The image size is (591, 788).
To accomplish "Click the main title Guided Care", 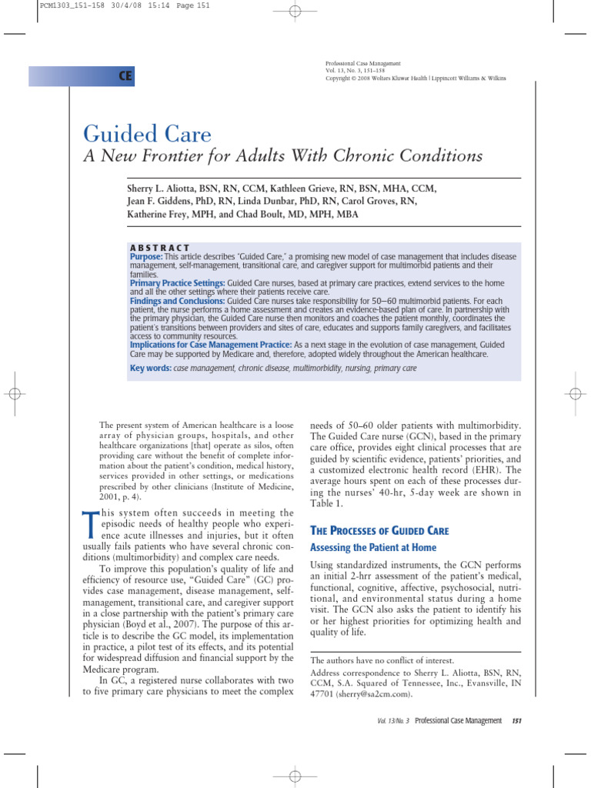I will coord(147,135).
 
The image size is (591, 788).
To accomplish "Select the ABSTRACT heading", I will coord(160,247).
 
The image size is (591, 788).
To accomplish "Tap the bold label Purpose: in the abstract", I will coord(146,256).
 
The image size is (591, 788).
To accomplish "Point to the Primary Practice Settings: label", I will coord(177,284).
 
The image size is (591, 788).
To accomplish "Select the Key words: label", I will coord(151,369).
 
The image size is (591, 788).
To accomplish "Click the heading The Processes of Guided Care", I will coord(378,531).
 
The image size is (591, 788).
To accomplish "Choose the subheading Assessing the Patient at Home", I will coord(372,548).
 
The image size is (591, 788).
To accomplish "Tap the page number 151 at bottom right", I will coord(516,720).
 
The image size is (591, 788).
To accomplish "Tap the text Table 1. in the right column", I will coord(327,503).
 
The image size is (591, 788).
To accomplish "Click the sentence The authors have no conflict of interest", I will coord(381,660).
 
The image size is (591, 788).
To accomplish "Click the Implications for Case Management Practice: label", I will coord(210,345).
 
